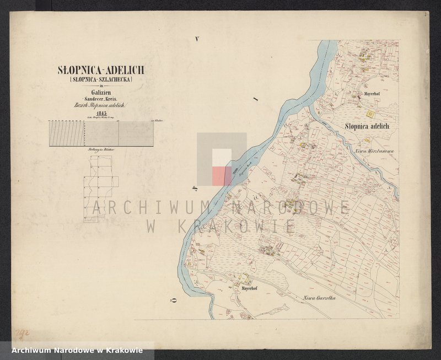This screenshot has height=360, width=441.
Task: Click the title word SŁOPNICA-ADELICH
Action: (x=101, y=71)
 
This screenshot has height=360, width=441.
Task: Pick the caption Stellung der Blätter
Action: (x=100, y=149)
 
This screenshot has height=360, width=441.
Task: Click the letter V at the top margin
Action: (x=196, y=39)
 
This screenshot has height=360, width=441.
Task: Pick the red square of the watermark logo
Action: (x=222, y=176)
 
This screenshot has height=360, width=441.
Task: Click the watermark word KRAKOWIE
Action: (x=220, y=225)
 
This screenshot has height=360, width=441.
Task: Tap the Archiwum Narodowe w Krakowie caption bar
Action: (x=73, y=350)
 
